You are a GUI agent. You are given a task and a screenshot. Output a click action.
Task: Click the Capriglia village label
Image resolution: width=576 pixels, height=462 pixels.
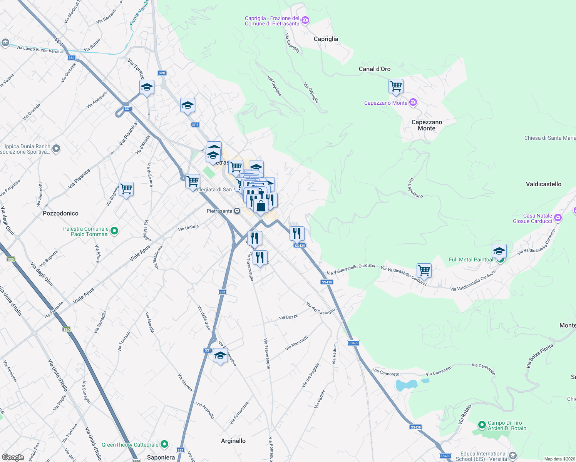coord(326,39)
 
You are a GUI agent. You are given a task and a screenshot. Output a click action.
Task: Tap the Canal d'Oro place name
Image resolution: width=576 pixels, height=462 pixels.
coord(374,69)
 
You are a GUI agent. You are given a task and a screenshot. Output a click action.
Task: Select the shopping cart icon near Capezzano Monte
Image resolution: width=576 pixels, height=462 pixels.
coord(396,86)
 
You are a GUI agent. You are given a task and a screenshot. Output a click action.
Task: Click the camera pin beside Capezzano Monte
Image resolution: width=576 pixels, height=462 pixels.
coord(413,102)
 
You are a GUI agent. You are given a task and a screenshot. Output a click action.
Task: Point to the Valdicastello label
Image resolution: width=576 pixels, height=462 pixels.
coord(543,184)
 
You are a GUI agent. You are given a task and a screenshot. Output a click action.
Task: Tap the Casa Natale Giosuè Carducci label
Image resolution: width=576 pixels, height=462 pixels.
coord(532,218)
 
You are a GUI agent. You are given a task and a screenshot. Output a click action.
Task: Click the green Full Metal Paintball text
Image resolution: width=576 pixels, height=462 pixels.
coord(472,259)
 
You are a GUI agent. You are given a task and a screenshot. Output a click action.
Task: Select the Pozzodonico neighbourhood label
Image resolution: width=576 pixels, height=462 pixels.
coord(60,213)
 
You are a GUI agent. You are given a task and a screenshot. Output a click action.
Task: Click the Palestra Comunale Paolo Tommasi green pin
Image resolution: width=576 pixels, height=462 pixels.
coord(114,231)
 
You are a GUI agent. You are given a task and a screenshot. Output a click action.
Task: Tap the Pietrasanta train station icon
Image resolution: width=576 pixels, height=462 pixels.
coord(237,211)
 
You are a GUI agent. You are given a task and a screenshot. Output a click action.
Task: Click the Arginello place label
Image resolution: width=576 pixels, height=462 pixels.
coord(233,441)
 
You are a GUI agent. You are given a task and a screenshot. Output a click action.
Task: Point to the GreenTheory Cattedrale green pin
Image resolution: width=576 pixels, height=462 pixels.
coord(164,444)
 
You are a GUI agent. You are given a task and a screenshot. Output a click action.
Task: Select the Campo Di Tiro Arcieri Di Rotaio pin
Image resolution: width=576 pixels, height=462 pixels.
coord(482,425)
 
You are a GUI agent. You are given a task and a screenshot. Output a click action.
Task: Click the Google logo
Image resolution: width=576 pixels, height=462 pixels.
coord(13,457)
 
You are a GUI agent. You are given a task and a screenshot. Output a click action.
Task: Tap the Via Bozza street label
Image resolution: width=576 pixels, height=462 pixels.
coord(288,317)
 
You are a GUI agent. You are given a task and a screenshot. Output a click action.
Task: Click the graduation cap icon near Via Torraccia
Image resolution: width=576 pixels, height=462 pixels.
coord(147,88)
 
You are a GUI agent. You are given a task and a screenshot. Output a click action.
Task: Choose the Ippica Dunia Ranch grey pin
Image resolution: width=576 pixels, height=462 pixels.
coord(56,148)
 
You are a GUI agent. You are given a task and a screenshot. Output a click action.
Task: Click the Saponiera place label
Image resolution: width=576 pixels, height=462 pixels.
coord(161,457)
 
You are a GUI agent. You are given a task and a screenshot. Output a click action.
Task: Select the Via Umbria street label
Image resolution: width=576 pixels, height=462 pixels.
coord(188,228)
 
